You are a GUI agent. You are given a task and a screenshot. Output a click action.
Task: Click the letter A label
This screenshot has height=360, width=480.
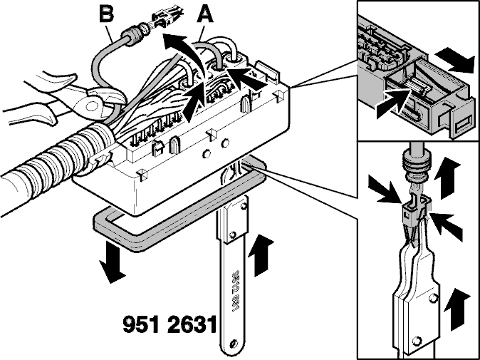205,15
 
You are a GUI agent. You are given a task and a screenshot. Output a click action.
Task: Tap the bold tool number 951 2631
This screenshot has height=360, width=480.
170,325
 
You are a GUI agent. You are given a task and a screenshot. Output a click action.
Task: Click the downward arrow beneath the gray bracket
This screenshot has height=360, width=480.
112,262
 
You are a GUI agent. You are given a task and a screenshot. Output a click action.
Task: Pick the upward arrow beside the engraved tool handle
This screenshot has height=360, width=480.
261,255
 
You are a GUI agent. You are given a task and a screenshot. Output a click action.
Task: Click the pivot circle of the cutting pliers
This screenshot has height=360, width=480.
92,106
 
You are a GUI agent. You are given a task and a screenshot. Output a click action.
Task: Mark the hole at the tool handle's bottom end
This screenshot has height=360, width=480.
234,343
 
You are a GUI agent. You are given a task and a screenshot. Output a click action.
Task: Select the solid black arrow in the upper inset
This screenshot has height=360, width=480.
455,60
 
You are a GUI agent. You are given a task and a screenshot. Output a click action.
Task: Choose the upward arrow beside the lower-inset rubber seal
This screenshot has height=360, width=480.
447,178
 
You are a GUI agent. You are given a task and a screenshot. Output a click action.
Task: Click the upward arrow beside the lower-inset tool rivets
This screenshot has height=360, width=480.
456,309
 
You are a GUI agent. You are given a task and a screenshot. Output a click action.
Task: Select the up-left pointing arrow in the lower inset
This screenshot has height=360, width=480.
445,226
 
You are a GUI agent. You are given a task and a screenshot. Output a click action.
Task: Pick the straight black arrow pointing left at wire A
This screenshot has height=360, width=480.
247,78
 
